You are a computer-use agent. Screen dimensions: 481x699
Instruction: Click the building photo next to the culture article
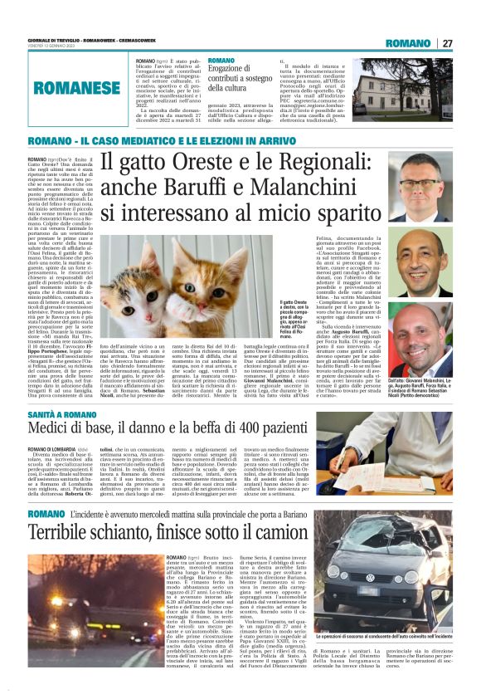click(x=400, y=89)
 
